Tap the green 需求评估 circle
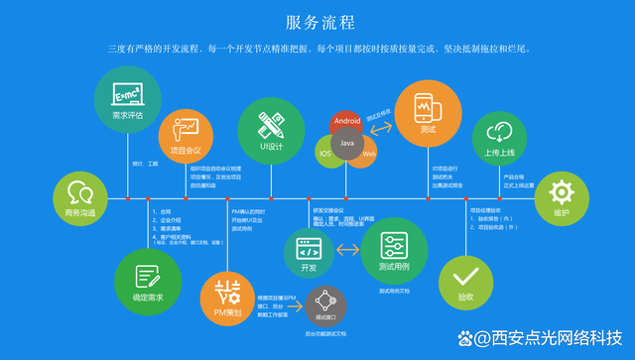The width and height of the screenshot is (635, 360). coord(127,99)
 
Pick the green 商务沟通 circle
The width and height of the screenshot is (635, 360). coord(79,198)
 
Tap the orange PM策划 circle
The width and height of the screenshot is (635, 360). coord(227,299)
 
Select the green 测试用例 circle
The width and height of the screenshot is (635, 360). coord(388,252)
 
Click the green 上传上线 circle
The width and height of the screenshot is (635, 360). coord(499,139)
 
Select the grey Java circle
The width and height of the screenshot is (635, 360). coord(347,145)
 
